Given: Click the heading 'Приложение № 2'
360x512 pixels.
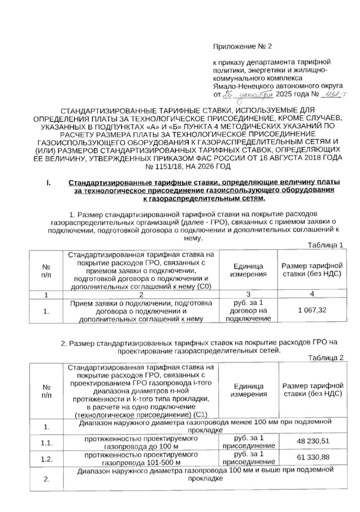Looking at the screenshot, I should click(x=242, y=47).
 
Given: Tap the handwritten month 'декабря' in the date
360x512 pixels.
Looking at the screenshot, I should click(x=255, y=95).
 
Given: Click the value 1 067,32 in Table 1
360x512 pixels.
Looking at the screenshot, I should click(x=312, y=310).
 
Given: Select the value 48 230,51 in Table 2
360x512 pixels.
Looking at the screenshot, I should click(x=313, y=441).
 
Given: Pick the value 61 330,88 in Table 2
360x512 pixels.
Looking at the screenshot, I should click(x=313, y=457).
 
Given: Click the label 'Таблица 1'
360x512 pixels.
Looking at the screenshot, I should click(x=325, y=245).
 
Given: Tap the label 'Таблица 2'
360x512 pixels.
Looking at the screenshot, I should click(x=325, y=358).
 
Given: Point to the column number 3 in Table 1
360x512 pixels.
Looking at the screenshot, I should click(x=248, y=294).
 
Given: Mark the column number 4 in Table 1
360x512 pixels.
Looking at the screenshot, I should click(x=312, y=294).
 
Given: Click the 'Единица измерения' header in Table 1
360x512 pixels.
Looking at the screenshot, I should click(x=248, y=270).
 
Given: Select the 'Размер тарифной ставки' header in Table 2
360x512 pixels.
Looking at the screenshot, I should click(x=313, y=390).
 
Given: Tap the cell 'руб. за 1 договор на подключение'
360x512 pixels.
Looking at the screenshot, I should click(x=248, y=310).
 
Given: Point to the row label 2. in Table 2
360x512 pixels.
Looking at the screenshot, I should click(x=46, y=479).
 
